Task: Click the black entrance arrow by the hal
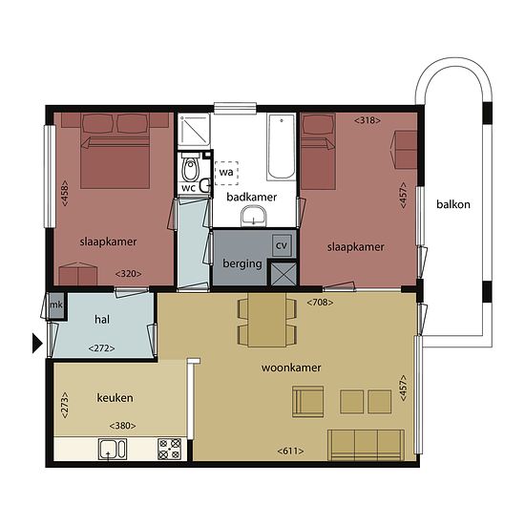pyautogui.click(x=37, y=343)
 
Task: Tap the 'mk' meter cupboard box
pyautogui.click(x=56, y=305)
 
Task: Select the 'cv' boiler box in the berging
pyautogui.click(x=282, y=245)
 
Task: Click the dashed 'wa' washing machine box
pyautogui.click(x=226, y=173)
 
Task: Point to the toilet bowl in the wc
pyautogui.click(x=190, y=169)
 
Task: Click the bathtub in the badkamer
pyautogui.click(x=282, y=147)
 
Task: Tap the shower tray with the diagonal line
pyautogui.click(x=194, y=132)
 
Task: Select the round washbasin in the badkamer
pyautogui.click(x=254, y=216)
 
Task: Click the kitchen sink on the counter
pyautogui.click(x=113, y=449)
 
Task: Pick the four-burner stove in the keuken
pyautogui.click(x=169, y=449)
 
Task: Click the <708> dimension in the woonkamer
pyautogui.click(x=320, y=303)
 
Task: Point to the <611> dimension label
pyautogui.click(x=290, y=451)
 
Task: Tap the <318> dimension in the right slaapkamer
pyautogui.click(x=367, y=120)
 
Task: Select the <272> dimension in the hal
pyautogui.click(x=102, y=348)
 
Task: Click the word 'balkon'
pyautogui.click(x=453, y=204)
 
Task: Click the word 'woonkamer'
pyautogui.click(x=291, y=367)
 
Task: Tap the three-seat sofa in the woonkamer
pyautogui.click(x=366, y=446)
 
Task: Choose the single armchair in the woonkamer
pyautogui.click(x=307, y=402)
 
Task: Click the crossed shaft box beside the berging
pyautogui.click(x=283, y=274)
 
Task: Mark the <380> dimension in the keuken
pyautogui.click(x=122, y=426)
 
